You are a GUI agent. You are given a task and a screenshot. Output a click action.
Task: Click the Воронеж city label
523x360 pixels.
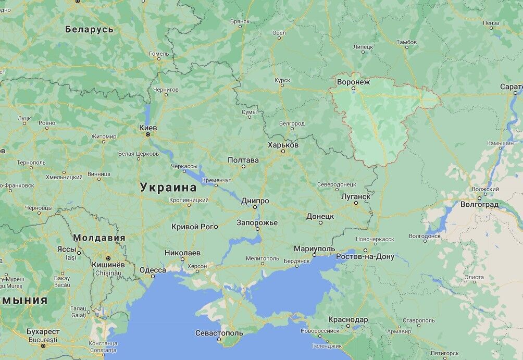point(353,82)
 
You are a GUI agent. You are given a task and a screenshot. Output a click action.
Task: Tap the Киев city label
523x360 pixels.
point(148,127)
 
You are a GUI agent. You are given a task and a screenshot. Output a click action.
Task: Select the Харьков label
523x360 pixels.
point(283,145)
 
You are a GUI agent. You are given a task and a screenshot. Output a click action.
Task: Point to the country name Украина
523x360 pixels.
point(168,188)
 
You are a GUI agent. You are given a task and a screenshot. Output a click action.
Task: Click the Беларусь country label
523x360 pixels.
point(89,29)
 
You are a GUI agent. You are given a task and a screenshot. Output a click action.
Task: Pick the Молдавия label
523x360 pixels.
point(99,238)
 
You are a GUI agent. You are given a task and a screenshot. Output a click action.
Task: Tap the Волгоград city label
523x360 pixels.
point(479,205)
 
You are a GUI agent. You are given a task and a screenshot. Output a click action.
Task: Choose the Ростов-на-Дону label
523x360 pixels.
point(365,257)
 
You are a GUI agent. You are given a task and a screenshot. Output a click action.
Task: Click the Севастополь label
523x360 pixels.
point(219,333)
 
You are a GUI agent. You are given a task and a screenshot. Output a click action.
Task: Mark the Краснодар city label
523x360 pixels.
point(348,319)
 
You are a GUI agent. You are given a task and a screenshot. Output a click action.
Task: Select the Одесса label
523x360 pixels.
point(153,270)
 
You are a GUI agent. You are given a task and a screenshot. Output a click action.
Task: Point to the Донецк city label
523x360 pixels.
point(320,216)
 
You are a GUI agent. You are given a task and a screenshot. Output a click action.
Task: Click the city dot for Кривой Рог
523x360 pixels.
point(216,227)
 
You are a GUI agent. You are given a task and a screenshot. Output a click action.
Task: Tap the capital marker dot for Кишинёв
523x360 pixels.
point(108,258)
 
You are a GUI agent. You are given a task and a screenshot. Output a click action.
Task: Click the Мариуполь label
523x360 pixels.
point(314,249)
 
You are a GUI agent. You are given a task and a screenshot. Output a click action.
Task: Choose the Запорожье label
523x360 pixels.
point(257,222)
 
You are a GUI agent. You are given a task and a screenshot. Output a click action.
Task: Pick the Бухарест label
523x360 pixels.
point(43,331)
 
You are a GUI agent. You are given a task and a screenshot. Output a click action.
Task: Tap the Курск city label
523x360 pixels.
point(282,80)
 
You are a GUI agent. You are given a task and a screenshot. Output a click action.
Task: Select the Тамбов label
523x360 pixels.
point(406,42)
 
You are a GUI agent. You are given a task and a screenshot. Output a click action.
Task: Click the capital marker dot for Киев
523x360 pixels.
point(148,134)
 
